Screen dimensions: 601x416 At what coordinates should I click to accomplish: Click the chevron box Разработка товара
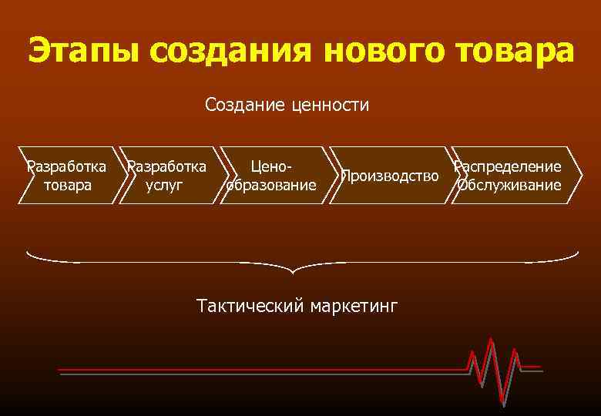[68, 176]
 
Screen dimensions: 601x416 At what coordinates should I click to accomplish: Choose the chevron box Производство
[388, 176]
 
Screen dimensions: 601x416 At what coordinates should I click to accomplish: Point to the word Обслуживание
[509, 185]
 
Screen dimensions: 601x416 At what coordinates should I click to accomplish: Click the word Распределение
[508, 166]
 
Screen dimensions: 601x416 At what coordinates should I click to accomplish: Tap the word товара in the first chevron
[68, 185]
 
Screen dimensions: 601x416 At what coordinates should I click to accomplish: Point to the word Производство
[390, 176]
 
